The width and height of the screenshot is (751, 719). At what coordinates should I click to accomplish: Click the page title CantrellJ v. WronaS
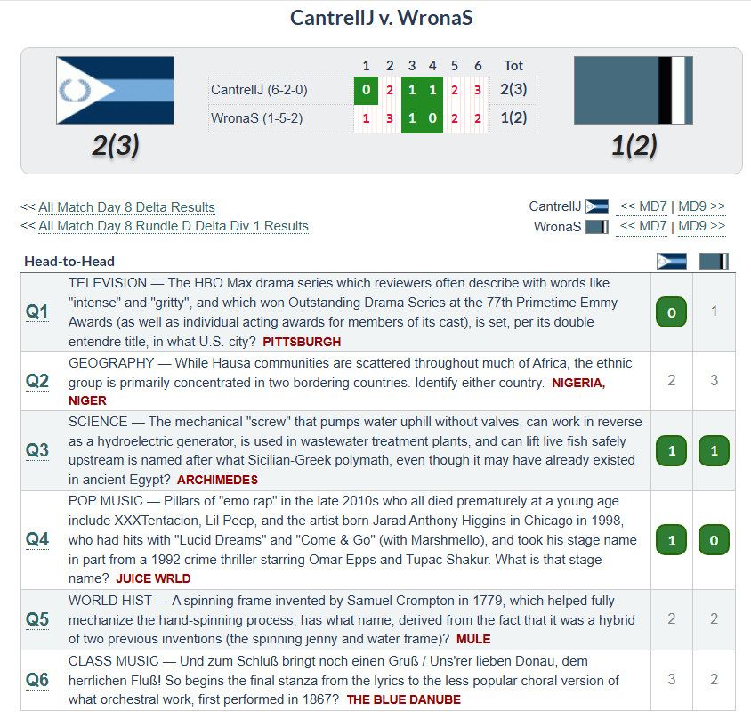[381, 18]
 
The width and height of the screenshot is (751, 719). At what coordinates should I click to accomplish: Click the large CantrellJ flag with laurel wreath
[115, 91]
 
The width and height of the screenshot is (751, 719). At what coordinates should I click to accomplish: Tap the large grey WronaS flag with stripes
[634, 91]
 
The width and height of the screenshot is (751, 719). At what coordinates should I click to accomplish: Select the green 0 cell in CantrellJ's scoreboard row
[366, 90]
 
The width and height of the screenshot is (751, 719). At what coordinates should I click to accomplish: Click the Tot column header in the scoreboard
[513, 66]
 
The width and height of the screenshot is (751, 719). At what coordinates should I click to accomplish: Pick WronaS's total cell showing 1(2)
[513, 117]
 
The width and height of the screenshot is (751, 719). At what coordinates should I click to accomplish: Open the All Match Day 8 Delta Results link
[126, 207]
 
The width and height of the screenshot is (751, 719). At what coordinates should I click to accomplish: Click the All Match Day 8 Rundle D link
[174, 226]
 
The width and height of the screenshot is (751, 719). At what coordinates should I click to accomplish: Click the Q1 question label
[36, 311]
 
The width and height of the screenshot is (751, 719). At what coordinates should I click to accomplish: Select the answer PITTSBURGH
[302, 342]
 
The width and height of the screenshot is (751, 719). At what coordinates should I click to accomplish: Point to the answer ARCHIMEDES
[217, 480]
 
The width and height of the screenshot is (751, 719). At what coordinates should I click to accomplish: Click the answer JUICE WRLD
[153, 578]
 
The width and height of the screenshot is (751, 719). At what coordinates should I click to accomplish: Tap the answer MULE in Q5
[473, 640]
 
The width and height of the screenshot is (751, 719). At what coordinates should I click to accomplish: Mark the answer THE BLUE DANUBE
[404, 699]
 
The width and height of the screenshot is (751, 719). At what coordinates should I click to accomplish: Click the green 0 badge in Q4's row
[714, 540]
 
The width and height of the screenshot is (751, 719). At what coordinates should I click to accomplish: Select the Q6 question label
[36, 680]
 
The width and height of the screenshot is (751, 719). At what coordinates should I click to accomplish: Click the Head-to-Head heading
[69, 262]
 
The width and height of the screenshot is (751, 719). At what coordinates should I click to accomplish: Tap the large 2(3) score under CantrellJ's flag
[116, 146]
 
